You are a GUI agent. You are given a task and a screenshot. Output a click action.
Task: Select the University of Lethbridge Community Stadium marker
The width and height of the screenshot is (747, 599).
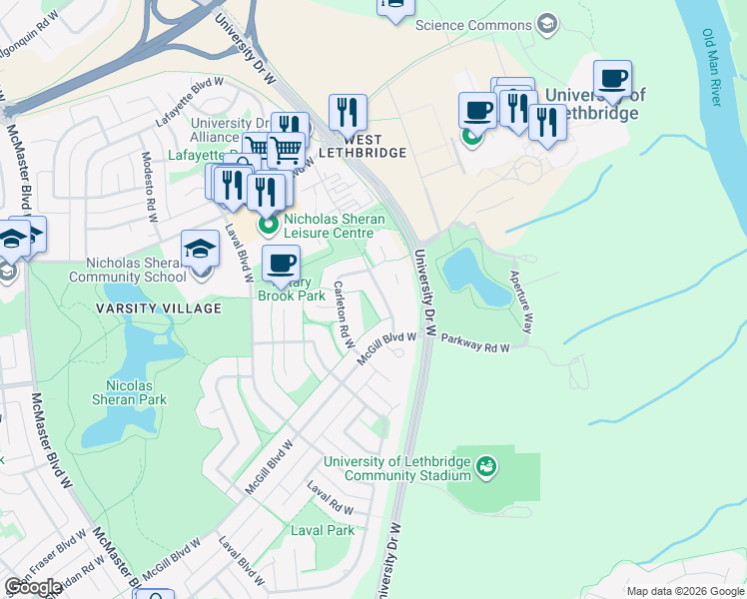click(486, 466)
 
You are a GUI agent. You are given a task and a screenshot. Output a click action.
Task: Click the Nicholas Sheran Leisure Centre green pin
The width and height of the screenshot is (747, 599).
click(268, 226)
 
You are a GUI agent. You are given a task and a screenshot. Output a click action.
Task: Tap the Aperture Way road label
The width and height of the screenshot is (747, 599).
click(522, 300)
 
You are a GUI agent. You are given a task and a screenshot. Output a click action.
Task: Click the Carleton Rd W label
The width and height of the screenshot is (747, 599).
click(344, 314)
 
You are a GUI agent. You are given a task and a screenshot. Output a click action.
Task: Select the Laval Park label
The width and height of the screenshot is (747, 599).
click(323, 530)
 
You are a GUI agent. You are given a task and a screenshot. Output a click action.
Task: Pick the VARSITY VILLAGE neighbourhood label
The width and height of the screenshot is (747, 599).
click(158, 308)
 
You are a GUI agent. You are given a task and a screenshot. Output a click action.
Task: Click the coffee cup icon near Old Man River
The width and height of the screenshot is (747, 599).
click(612, 78)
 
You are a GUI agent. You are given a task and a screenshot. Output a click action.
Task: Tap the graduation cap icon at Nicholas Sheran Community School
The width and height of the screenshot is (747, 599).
click(200, 247)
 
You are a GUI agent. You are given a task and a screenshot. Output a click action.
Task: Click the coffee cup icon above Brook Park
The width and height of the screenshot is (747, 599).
click(281, 264)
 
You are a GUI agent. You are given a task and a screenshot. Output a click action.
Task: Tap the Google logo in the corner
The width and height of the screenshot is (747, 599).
click(33, 587)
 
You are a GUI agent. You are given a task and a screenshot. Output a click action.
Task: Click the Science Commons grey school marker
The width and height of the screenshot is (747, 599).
click(546, 22)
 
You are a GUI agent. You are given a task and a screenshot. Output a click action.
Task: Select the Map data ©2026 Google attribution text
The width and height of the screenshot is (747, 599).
click(685, 591)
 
